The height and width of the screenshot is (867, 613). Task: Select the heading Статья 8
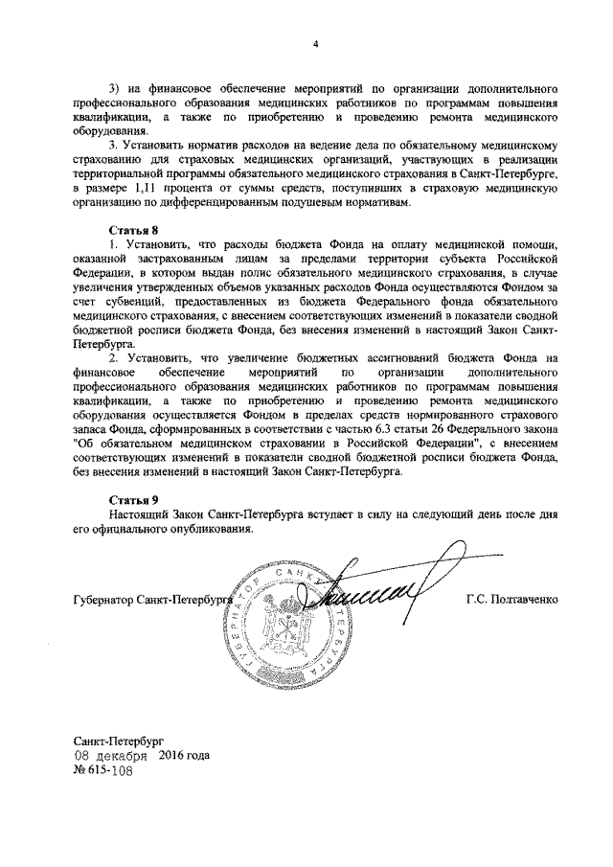131,231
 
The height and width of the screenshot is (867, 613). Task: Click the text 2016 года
183,755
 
